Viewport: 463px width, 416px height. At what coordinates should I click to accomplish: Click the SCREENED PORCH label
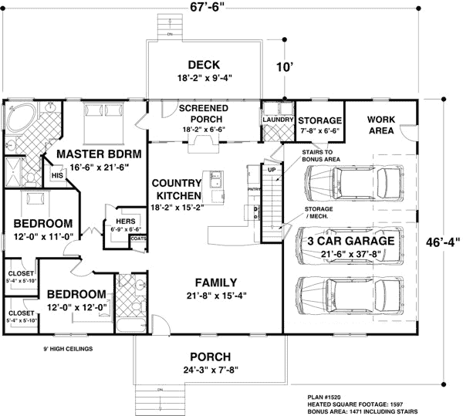[204, 114]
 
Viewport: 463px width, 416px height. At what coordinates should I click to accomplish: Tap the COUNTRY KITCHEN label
[177, 189]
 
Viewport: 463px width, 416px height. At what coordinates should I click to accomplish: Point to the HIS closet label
[56, 176]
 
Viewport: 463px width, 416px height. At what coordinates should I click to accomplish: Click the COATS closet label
[139, 238]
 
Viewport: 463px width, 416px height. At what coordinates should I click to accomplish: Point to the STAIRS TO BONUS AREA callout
[316, 157]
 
